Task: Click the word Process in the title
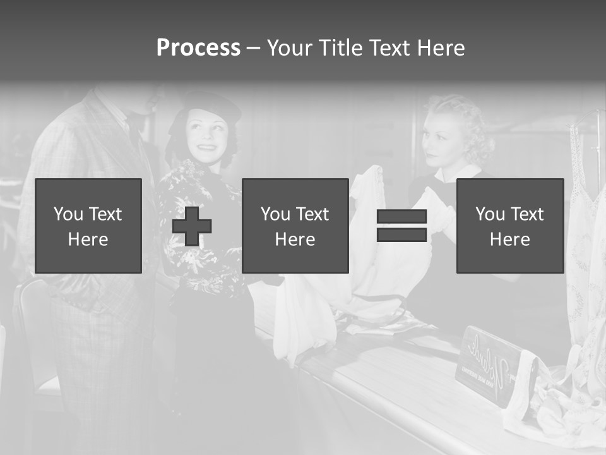[198, 48]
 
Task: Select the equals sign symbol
[401, 226]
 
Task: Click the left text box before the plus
[88, 226]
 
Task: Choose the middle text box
[295, 226]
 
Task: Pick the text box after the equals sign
[509, 226]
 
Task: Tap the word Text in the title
[389, 48]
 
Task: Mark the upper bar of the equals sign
[401, 217]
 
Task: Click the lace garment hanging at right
[585, 253]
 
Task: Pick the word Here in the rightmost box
[509, 240]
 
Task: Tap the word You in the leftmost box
[68, 214]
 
